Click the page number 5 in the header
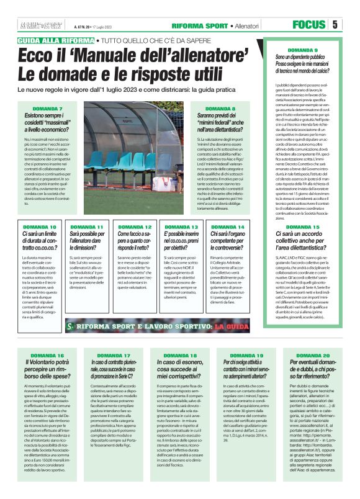(x=335, y=25)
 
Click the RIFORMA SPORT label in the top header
(x=200, y=25)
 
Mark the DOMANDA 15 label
(x=303, y=227)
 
